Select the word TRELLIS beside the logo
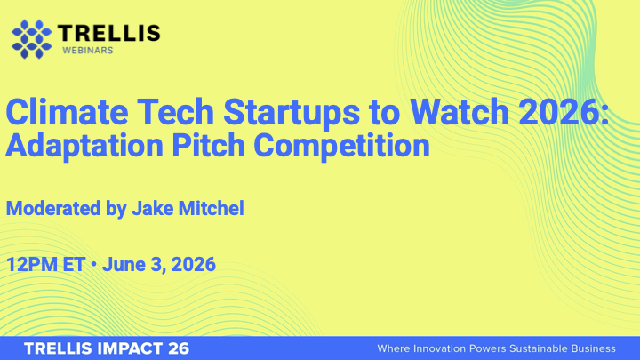pyautogui.click(x=108, y=33)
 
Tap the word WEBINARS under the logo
pyautogui.click(x=87, y=51)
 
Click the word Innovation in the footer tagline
pyautogui.click(x=443, y=348)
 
